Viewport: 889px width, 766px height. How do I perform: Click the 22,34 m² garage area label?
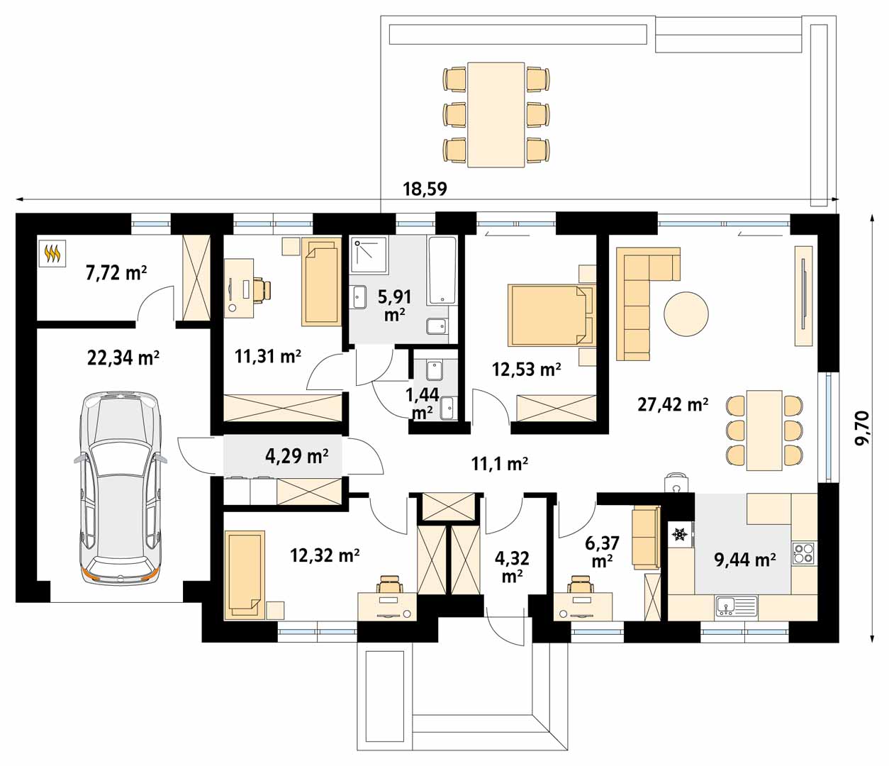pyautogui.click(x=123, y=358)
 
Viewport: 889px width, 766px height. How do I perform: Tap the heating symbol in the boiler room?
pyautogui.click(x=52, y=253)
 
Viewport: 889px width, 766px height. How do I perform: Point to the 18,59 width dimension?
pyautogui.click(x=425, y=189)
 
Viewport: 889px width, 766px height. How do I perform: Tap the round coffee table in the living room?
pyautogui.click(x=686, y=314)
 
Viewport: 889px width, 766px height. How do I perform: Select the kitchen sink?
pyautogui.click(x=737, y=606)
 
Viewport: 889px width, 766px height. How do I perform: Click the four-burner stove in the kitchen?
pyautogui.click(x=803, y=553)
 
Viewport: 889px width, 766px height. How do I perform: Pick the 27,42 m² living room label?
pyautogui.click(x=673, y=405)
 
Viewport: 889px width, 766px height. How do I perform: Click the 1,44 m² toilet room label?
pyautogui.click(x=423, y=404)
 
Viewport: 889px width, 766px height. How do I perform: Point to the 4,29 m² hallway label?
pyautogui.click(x=297, y=456)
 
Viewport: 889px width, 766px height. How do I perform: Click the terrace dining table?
pyautogui.click(x=496, y=115)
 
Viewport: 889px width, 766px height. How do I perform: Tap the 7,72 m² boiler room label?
pyautogui.click(x=116, y=273)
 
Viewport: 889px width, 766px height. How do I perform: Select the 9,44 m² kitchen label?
pyautogui.click(x=745, y=560)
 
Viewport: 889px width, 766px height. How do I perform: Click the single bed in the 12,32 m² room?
pyautogui.click(x=245, y=574)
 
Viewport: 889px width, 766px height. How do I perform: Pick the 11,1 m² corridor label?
pyautogui.click(x=500, y=463)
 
